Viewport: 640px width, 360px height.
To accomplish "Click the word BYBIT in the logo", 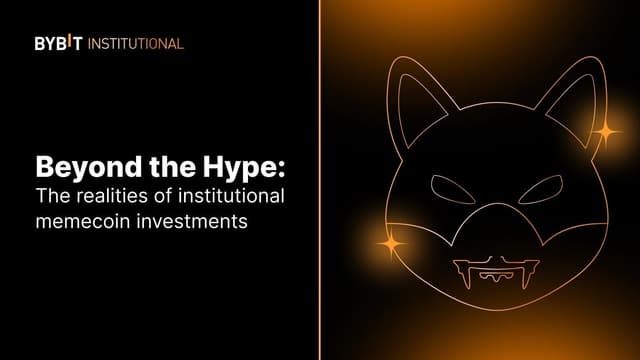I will point(60,44).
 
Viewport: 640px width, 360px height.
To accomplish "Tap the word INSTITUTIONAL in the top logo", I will point(136,44).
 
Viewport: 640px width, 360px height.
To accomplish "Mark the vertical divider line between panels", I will point(320,180).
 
